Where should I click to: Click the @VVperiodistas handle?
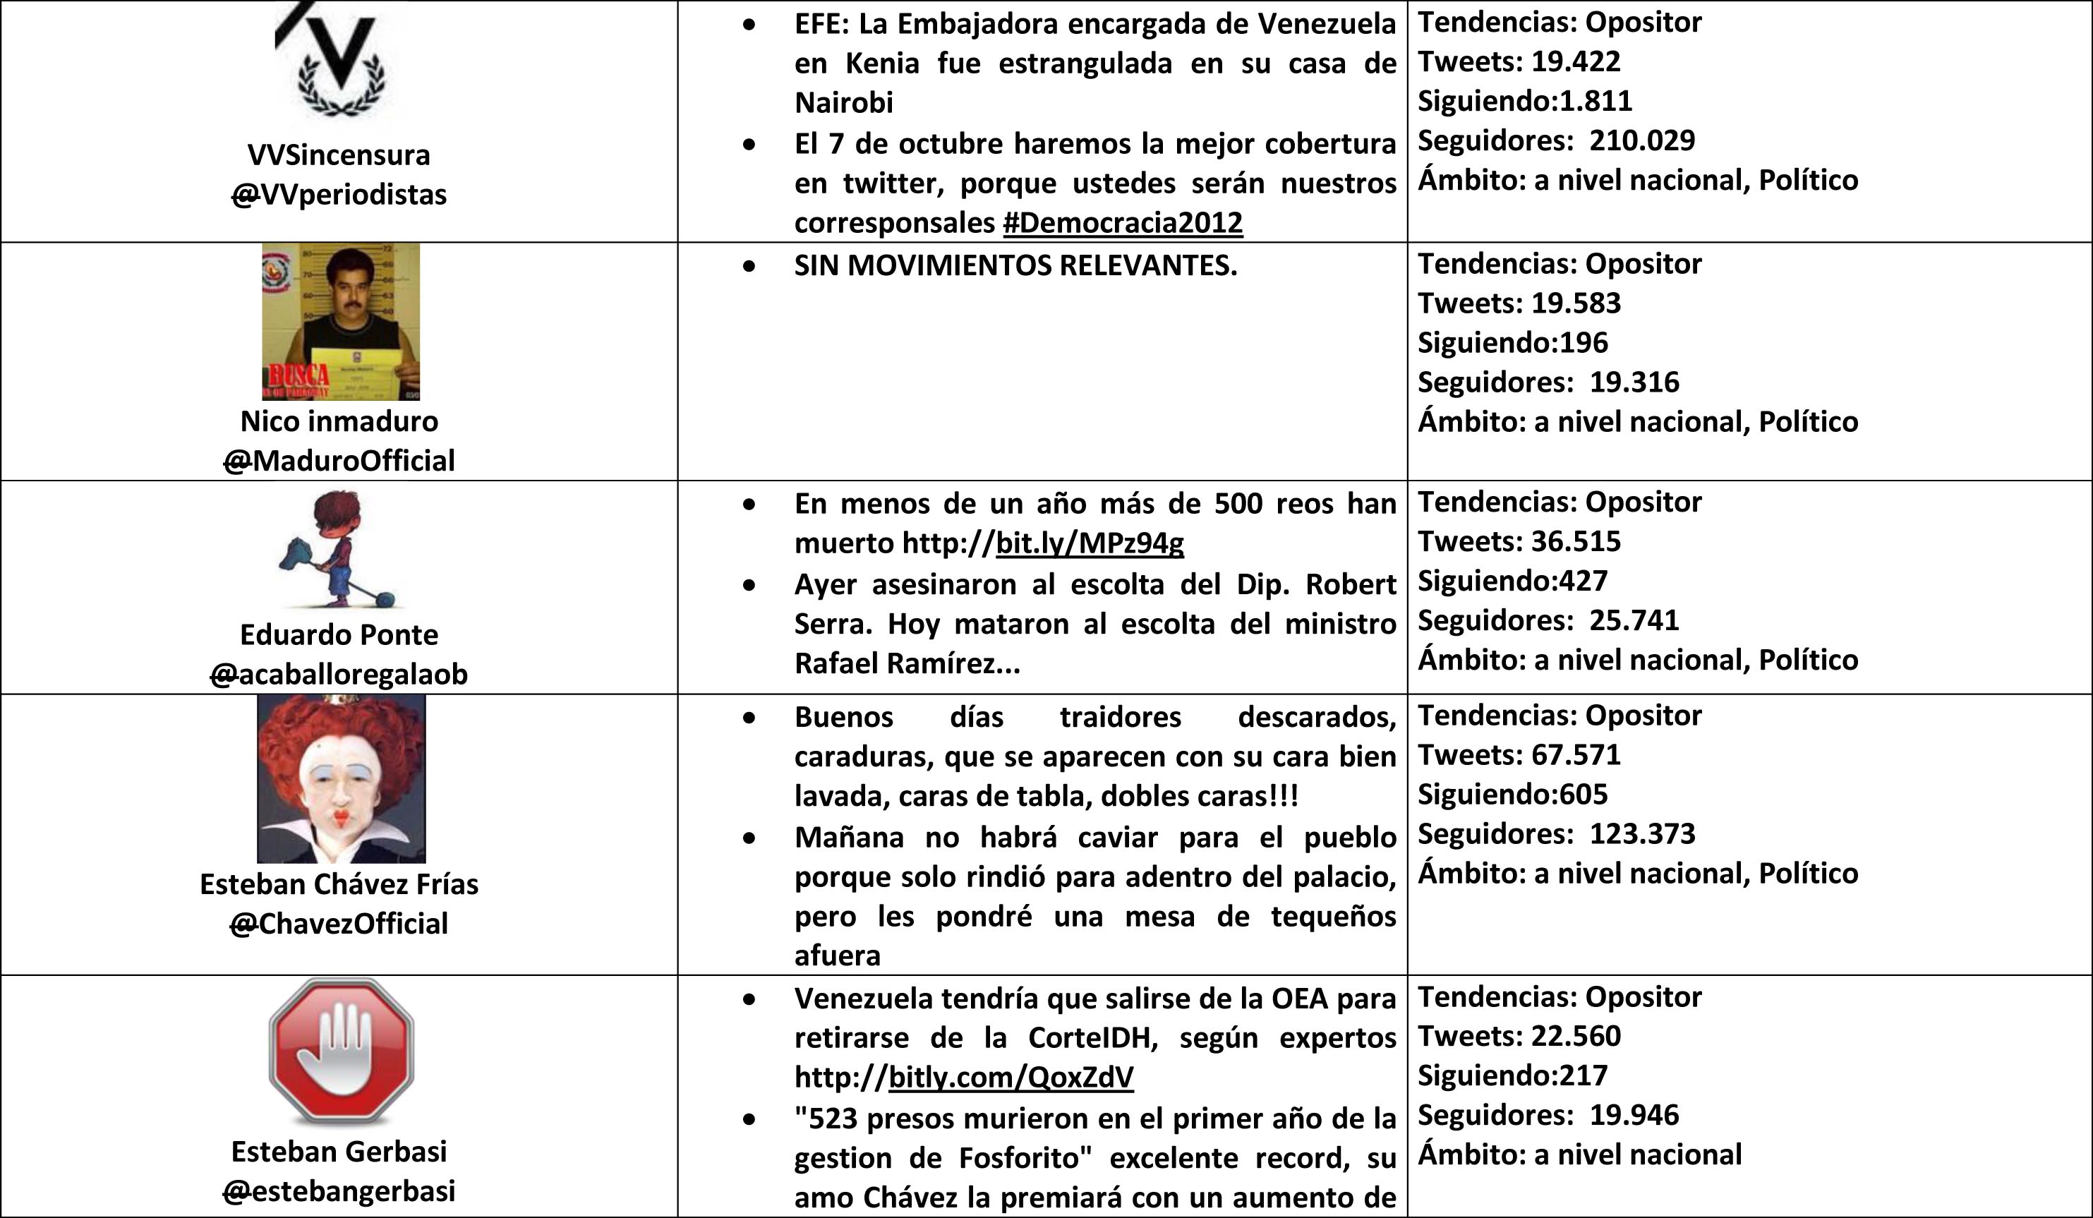point(339,195)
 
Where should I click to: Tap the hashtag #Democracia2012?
point(1122,223)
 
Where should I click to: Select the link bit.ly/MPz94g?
point(1090,543)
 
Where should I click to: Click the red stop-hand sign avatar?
point(341,1050)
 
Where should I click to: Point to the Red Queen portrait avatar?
point(341,778)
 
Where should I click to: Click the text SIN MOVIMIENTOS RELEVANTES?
point(1015,266)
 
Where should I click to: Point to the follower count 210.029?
point(1642,140)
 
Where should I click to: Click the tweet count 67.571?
point(1576,754)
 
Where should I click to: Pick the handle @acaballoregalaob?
point(339,674)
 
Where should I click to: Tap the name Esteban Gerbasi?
point(339,1152)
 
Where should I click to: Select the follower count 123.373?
point(1642,833)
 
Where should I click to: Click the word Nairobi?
point(844,103)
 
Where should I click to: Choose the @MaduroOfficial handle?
point(339,460)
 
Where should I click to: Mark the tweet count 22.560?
point(1576,1036)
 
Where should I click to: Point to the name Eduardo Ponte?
point(339,634)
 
